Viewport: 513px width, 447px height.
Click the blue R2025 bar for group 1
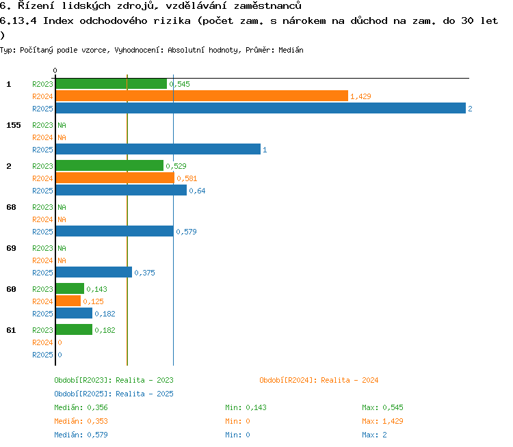click(261, 108)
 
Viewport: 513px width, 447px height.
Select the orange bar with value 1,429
click(202, 96)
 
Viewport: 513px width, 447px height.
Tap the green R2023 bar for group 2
click(109, 165)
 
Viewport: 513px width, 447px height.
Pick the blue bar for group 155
click(159, 149)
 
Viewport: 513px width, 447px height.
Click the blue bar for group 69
click(94, 272)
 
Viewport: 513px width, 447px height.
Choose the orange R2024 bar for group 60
click(68, 301)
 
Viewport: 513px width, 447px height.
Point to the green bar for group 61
click(75, 329)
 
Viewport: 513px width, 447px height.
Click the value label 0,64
click(197, 191)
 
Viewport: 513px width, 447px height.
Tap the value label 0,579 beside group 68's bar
click(187, 232)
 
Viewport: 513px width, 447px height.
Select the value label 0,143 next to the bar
click(97, 289)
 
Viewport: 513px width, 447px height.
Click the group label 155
click(14, 125)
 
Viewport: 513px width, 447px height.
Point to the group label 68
click(11, 207)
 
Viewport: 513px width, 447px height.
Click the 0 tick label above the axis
click(55, 70)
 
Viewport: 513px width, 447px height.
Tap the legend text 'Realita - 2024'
click(350, 380)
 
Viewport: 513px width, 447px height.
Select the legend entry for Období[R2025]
click(114, 394)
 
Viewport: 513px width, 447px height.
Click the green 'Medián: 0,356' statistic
click(81, 408)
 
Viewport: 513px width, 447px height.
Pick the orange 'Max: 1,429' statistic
click(382, 421)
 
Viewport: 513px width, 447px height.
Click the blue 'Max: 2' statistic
click(374, 435)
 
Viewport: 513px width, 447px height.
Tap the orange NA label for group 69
click(62, 260)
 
